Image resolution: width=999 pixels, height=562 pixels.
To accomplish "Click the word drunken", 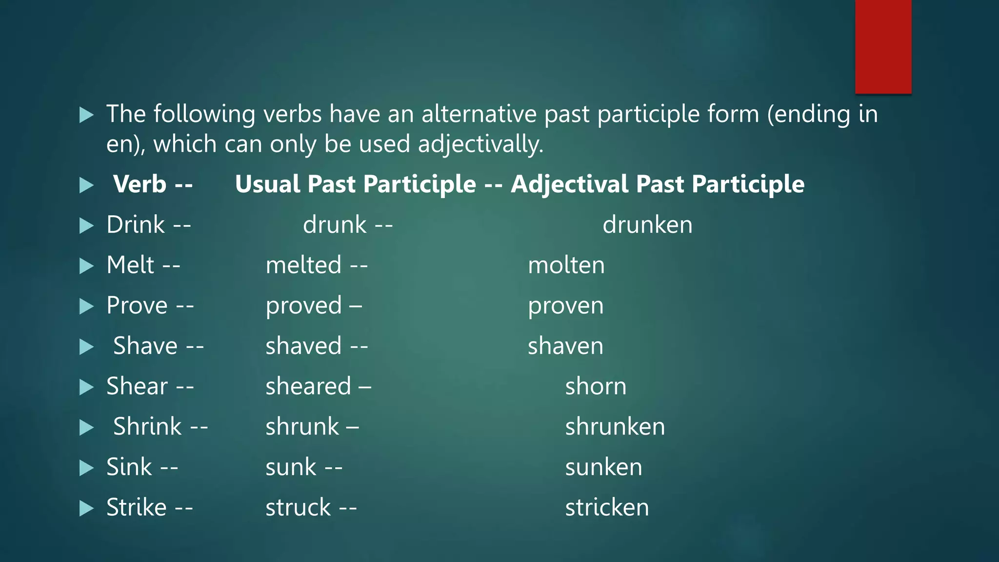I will [647, 225].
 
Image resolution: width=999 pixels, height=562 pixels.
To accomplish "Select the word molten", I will [566, 265].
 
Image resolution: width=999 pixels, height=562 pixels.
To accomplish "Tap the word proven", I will [566, 306].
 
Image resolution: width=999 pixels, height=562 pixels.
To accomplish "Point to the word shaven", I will [565, 346].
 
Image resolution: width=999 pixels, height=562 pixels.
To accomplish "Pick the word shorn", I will [596, 387].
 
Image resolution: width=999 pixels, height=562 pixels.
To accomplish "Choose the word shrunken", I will [615, 427].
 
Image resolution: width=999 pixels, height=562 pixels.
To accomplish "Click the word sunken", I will [603, 467].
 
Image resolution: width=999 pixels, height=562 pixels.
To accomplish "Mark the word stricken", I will [607, 508].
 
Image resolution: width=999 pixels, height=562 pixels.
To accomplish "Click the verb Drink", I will [136, 225].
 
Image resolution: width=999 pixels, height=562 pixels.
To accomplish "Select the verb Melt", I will [130, 265].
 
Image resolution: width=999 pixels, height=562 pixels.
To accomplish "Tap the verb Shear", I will [137, 386].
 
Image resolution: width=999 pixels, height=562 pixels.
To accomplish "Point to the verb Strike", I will [137, 507].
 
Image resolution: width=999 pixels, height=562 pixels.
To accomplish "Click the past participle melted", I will [303, 265].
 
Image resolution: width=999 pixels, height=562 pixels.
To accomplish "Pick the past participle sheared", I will [308, 386].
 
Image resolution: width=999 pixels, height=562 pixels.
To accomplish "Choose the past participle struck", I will [298, 507].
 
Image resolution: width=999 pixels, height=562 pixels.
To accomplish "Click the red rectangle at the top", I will [883, 46].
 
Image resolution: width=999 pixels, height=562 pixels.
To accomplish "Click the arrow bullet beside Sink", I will [86, 468].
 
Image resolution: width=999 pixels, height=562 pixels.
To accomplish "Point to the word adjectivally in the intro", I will [480, 145].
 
